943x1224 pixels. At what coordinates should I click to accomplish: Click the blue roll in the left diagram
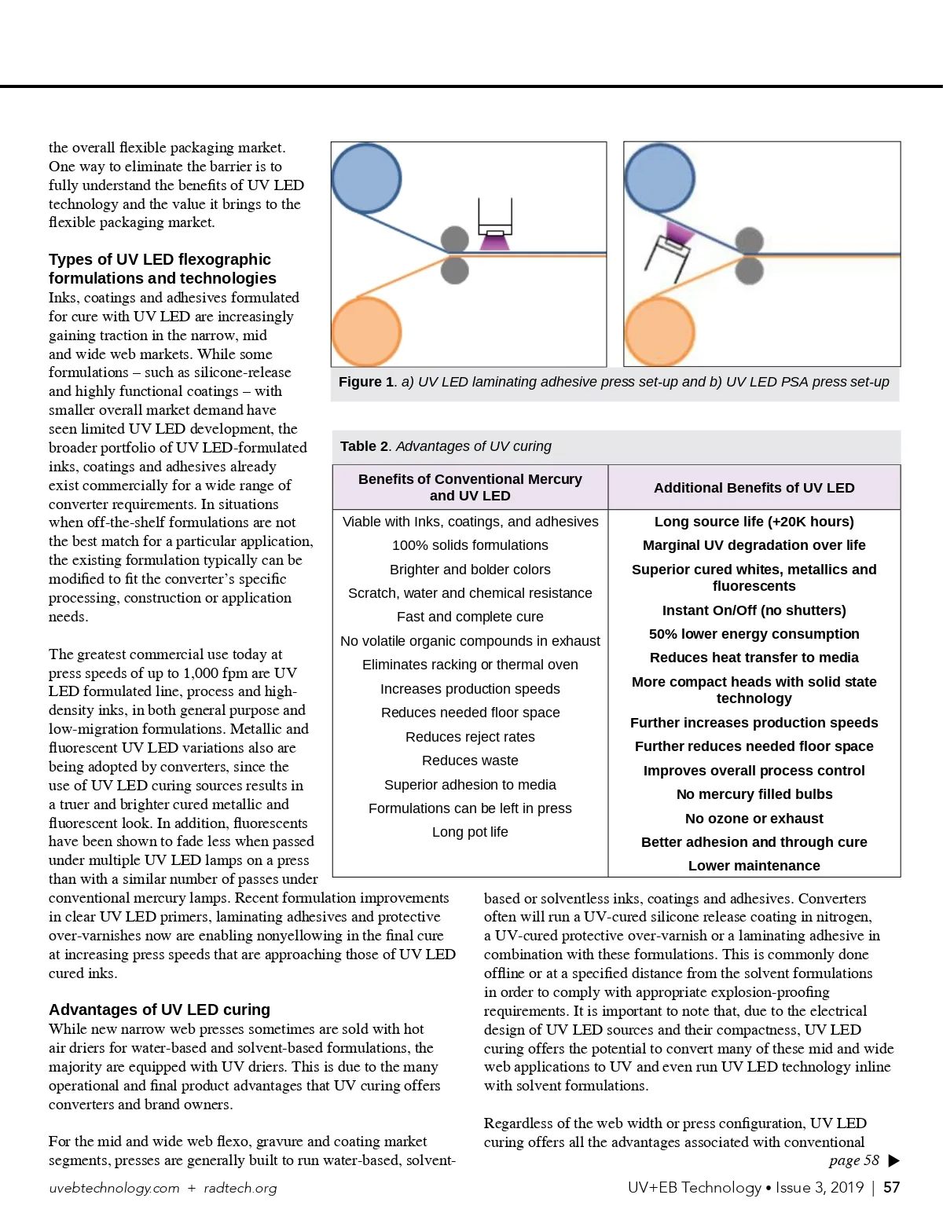[366, 179]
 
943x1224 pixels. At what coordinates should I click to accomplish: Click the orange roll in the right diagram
[659, 332]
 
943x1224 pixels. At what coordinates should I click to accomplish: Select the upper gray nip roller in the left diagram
[454, 239]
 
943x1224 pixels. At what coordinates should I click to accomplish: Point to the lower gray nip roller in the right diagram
[749, 271]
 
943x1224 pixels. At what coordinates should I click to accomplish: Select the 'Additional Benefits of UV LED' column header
[754, 488]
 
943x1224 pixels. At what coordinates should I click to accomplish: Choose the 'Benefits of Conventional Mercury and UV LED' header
[470, 487]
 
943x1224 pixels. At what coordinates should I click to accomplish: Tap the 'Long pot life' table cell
[470, 832]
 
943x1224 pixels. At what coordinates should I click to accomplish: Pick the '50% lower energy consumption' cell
[754, 634]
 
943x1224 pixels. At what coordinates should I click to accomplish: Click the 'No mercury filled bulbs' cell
[754, 794]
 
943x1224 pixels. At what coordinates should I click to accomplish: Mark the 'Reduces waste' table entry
[470, 760]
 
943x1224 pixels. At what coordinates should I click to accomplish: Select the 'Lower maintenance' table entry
[754, 866]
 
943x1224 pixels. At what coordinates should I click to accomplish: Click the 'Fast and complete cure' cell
[470, 617]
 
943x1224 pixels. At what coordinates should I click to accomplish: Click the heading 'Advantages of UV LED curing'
[160, 1010]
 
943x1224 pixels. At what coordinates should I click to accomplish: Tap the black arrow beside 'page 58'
[893, 1161]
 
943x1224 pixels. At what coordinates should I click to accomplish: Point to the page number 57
[891, 1187]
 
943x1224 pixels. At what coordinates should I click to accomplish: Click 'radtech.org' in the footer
[240, 1188]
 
